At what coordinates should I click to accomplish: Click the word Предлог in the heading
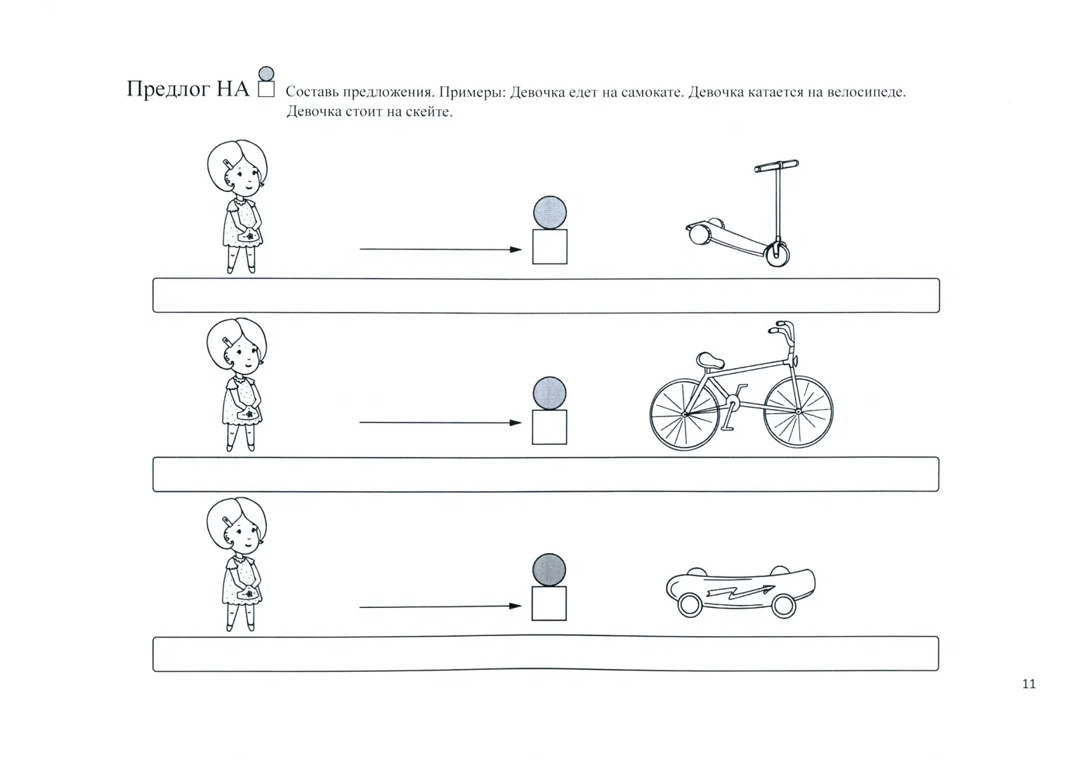(169, 89)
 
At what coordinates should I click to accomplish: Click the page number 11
(1029, 685)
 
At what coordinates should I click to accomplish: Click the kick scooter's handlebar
(776, 166)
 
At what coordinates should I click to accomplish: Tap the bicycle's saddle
(710, 361)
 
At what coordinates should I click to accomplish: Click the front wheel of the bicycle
(798, 412)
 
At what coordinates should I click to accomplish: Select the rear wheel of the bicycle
(684, 415)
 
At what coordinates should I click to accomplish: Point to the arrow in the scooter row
(440, 249)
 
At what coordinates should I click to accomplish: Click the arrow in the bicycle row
(440, 423)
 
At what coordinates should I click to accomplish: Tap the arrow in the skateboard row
(440, 606)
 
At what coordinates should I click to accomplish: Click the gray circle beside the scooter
(550, 212)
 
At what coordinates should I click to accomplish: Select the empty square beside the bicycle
(549, 427)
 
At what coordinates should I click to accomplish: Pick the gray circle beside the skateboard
(549, 569)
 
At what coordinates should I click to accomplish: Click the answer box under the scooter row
(546, 295)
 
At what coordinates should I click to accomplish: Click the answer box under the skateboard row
(546, 654)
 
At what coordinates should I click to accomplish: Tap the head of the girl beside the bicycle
(237, 346)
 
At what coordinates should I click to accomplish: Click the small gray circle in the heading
(266, 74)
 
